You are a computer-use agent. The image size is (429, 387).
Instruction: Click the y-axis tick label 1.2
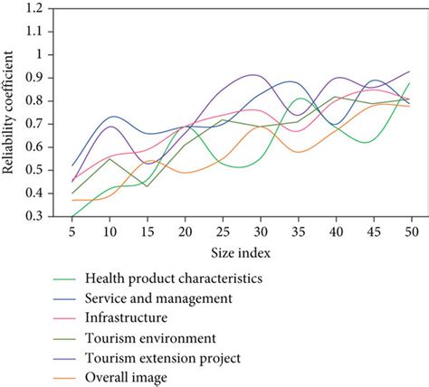coord(35,8)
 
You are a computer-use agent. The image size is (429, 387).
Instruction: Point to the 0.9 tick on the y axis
coord(35,78)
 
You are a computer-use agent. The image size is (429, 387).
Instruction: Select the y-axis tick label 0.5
coord(35,170)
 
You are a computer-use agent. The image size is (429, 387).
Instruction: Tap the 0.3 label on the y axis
coord(35,216)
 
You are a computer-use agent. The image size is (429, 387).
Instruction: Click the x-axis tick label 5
coord(71,231)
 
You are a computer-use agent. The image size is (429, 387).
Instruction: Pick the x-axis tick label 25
coord(223,231)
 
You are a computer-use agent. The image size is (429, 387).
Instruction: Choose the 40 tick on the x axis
coord(336,231)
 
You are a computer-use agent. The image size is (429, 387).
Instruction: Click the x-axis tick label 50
coord(411,231)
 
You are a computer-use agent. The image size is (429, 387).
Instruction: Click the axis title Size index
coord(241,252)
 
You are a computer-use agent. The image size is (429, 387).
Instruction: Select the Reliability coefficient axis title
coord(8,112)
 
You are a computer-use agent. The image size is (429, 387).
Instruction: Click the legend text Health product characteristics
coord(174,278)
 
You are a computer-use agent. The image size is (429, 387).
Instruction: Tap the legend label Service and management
coord(158,298)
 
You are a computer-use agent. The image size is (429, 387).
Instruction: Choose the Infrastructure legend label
coord(126,317)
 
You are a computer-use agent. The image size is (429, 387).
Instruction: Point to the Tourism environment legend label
coord(150,338)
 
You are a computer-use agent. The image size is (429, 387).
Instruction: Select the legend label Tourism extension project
coord(163,358)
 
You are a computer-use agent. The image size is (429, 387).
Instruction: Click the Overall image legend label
coord(126,378)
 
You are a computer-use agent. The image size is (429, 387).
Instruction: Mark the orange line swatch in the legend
coord(64,378)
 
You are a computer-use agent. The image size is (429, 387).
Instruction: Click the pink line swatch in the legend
coord(64,318)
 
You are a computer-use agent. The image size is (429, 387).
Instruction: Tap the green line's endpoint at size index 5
coord(72,216)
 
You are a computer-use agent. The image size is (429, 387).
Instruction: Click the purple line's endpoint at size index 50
coord(409,71)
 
